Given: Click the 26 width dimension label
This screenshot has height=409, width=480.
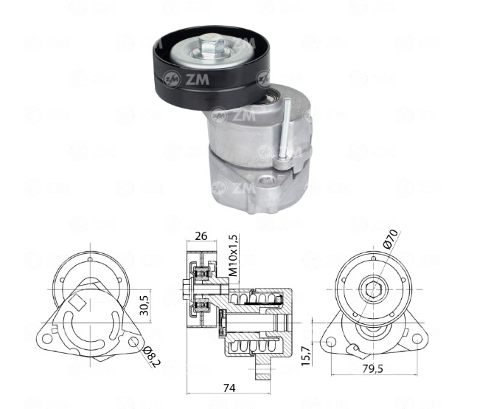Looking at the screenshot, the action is click(x=201, y=236).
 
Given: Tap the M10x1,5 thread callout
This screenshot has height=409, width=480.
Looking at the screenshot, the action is click(x=233, y=255).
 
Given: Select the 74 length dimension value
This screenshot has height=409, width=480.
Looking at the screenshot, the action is click(x=229, y=388).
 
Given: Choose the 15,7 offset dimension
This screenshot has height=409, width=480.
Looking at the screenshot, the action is click(x=306, y=355).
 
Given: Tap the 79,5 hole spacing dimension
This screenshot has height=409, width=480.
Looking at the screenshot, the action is click(x=372, y=368).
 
